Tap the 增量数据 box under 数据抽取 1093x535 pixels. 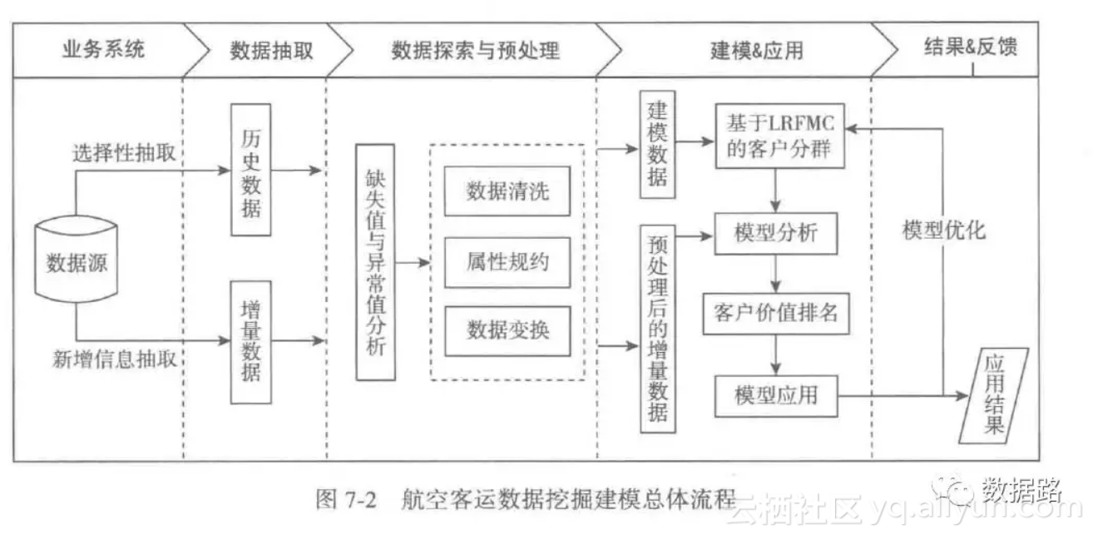250,342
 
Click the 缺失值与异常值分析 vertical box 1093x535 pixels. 375,262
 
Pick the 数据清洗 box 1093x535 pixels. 507,192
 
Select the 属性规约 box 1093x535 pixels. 507,261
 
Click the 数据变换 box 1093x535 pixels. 507,330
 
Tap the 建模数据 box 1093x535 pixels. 657,145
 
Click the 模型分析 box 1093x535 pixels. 776,233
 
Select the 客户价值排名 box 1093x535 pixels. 776,312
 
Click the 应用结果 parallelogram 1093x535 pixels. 994,395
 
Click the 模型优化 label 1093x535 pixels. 943,230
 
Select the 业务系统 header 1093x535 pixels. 102,49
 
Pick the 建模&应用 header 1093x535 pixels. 756,51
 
